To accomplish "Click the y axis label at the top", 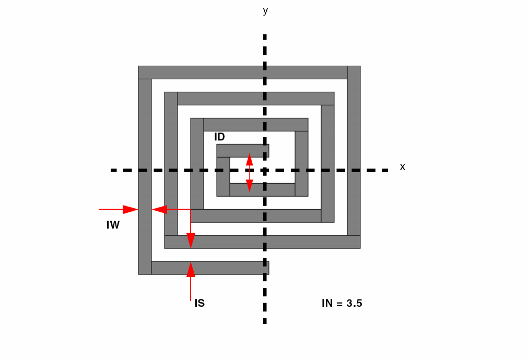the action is (x=265, y=11).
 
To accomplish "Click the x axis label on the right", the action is (x=402, y=167).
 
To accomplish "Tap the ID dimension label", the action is (x=219, y=137).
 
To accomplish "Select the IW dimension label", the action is (x=113, y=225).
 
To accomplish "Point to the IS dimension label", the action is (x=199, y=303).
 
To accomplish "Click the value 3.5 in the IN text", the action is (x=354, y=303).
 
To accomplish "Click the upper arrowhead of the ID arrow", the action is (x=249, y=159).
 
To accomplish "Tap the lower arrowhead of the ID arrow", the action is (x=249, y=186).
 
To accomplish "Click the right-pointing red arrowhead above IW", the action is (x=131, y=209).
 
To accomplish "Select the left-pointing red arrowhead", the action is (x=159, y=209).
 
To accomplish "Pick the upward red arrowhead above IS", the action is (x=191, y=269).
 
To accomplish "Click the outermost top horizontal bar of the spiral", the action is (x=243, y=73).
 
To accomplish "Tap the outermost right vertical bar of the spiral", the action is (x=354, y=151).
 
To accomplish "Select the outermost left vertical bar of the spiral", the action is (x=145, y=177).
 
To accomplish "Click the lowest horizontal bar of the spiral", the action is (x=210, y=268).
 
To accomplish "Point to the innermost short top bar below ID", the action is (x=243, y=151).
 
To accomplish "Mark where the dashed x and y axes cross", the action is (x=265, y=170).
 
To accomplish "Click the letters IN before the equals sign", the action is (x=327, y=303).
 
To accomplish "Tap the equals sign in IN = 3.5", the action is (x=339, y=303).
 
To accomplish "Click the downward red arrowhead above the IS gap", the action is (x=191, y=241).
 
